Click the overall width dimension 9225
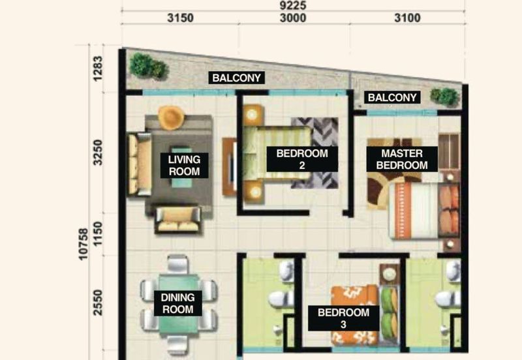point(292,5)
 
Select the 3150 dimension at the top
point(179,18)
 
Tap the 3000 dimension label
point(293,18)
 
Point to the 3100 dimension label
point(407,18)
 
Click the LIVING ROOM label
point(184,165)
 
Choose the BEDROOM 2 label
point(301,159)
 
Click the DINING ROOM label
point(178,303)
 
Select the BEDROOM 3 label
point(343,318)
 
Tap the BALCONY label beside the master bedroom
point(391,98)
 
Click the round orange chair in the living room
point(171,117)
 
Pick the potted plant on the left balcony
point(147,65)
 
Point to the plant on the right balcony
point(444,96)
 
